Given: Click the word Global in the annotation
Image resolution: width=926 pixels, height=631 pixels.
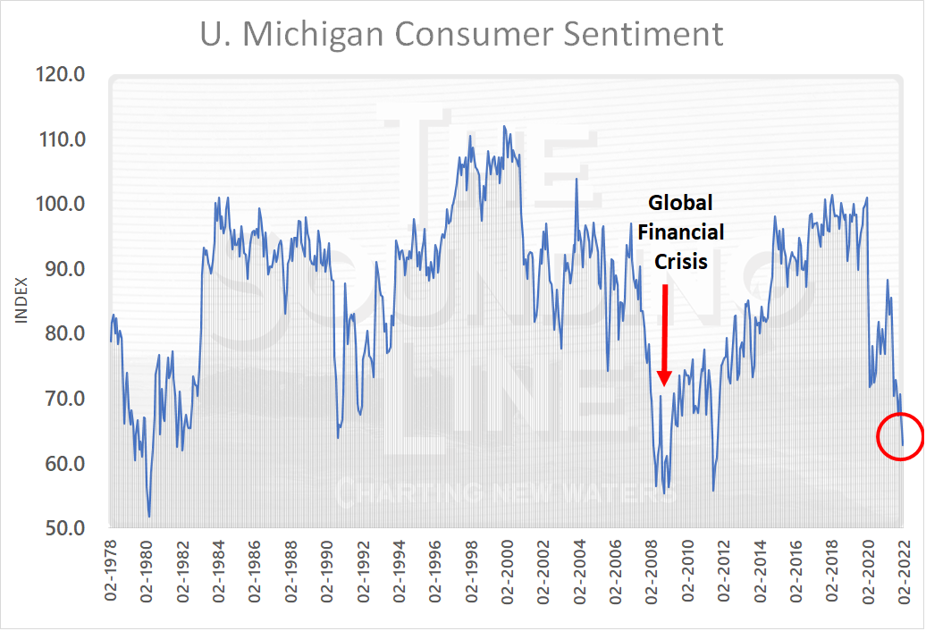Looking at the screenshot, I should (680, 202).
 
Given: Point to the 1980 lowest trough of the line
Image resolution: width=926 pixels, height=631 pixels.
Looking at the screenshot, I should (149, 517).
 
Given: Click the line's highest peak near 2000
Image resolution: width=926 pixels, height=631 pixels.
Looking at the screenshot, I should (504, 126).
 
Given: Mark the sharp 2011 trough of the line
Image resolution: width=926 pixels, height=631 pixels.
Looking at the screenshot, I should (713, 490).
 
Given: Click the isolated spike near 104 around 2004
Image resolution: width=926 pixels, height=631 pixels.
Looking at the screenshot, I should (577, 179).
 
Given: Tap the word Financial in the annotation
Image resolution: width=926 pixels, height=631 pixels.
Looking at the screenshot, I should (680, 232).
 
